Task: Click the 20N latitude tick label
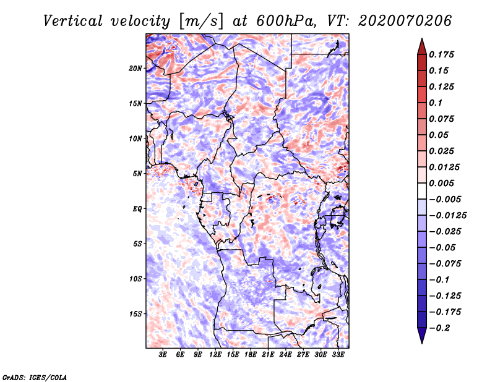coord(136,68)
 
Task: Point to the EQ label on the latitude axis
coord(138,209)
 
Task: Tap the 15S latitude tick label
coord(136,314)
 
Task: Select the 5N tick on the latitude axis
coord(137,174)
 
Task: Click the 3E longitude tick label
coord(163,356)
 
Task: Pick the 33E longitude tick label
coord(338,356)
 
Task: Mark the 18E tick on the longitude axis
coord(250,356)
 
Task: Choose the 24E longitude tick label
coord(285,356)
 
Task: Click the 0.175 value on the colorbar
coord(444,55)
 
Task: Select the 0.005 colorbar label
coord(444,184)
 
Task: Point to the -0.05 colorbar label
coord(446,247)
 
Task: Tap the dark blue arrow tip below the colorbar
coord(421,339)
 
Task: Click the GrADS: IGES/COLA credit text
coord(34,376)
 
